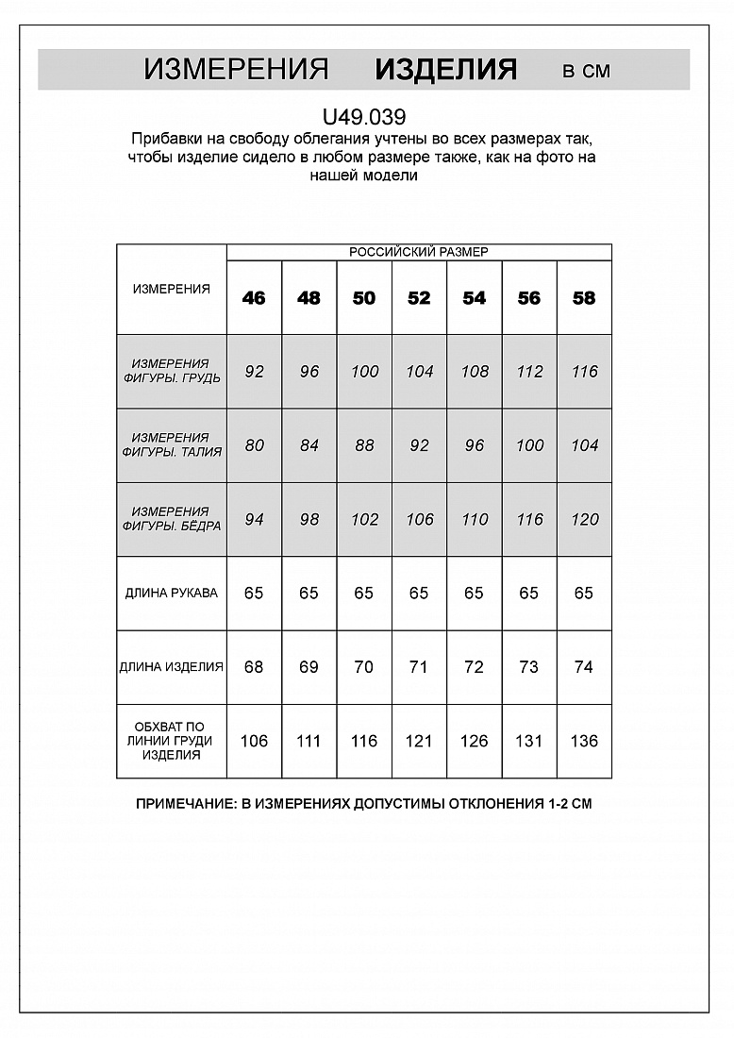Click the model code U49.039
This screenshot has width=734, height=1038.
tap(364, 118)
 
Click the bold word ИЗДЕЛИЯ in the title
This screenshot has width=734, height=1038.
tap(445, 70)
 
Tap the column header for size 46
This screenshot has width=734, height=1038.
tap(254, 298)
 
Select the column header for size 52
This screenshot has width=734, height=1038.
tap(419, 298)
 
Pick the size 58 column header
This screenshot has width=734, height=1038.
tap(584, 298)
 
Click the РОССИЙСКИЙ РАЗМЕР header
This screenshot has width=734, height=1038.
tap(419, 252)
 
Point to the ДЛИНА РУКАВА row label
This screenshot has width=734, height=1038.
tap(172, 594)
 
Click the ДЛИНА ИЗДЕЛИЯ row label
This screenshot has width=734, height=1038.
tap(172, 667)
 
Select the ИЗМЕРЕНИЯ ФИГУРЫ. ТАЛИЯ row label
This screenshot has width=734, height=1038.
tap(172, 445)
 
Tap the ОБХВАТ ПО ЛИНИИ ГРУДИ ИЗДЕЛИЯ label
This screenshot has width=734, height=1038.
tap(172, 741)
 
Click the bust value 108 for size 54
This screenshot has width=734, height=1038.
tap(474, 372)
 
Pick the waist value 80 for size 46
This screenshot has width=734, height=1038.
tap(254, 445)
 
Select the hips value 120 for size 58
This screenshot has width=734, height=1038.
tap(584, 519)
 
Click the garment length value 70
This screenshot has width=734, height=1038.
tap(364, 667)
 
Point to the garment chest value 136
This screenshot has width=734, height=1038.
tap(584, 741)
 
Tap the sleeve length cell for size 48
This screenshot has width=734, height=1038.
tap(309, 594)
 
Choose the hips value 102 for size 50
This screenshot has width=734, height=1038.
tap(364, 519)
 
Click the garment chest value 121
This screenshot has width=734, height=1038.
tap(419, 741)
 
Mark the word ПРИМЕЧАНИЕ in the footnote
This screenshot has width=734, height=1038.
tap(184, 805)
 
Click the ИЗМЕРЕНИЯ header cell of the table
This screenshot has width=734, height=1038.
tap(172, 290)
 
